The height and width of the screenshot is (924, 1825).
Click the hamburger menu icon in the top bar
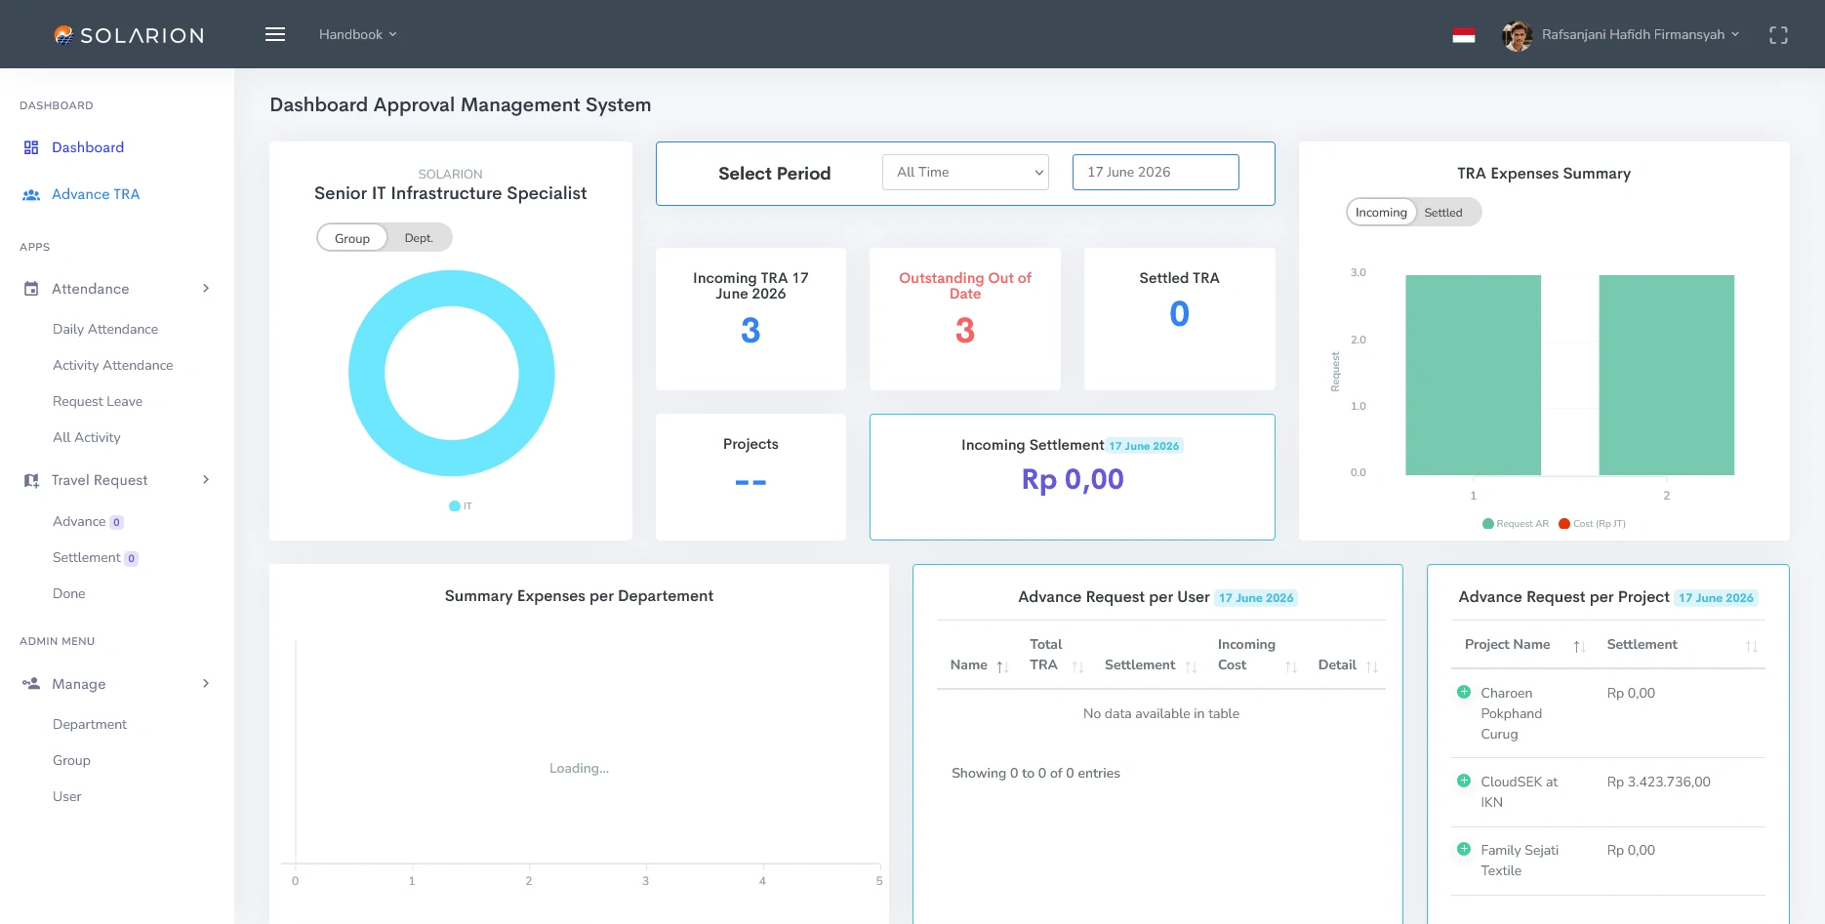pos(275,34)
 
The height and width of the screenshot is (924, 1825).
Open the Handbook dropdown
pos(357,34)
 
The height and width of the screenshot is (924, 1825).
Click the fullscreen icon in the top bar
pos(1778,35)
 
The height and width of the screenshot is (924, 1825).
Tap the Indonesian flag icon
pos(1463,35)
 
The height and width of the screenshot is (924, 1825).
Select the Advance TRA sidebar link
pos(96,194)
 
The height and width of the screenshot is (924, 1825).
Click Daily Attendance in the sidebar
pos(105,329)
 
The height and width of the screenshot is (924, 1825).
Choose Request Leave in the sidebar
pos(98,401)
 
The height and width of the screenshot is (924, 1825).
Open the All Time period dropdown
pos(965,173)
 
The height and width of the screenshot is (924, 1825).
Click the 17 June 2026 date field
pos(1156,173)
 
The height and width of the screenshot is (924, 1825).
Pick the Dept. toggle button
pos(419,238)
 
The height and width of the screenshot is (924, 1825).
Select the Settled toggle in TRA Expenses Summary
pos(1443,213)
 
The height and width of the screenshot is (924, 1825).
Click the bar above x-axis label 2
pos(1666,375)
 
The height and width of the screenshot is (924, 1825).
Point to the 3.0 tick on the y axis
pos(1358,272)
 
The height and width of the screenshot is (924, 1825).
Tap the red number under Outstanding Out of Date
pos(965,331)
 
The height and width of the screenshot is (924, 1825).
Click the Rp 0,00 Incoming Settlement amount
pos(1073,479)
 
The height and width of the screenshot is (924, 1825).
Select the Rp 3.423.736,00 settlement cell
pos(1659,782)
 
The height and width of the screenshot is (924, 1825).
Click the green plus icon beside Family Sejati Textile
pos(1464,849)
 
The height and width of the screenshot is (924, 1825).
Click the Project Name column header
pos(1507,645)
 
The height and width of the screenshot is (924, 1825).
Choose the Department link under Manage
pos(90,724)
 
